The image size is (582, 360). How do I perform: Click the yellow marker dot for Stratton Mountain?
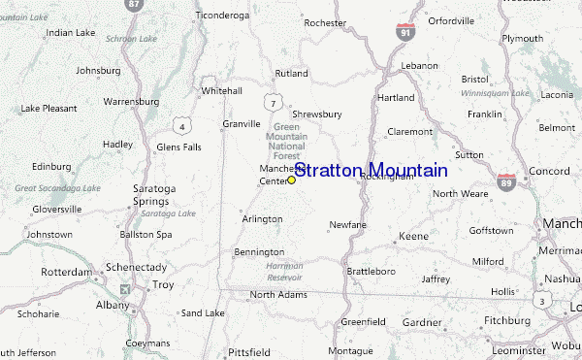click(x=291, y=180)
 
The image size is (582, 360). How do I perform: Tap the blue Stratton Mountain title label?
click(x=370, y=171)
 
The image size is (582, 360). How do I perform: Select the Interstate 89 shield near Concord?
click(x=506, y=180)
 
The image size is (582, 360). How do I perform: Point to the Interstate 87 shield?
click(x=134, y=5)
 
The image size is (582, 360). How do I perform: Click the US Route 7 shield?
click(x=275, y=103)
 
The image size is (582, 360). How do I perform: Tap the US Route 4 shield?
click(x=180, y=125)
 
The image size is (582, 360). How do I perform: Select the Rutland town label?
click(x=291, y=73)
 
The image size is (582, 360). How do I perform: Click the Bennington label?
click(x=258, y=252)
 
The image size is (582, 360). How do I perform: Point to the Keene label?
click(x=413, y=237)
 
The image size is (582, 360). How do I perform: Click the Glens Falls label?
click(x=178, y=147)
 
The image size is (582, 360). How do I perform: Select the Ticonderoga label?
click(x=223, y=16)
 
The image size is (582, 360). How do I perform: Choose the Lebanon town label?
click(x=420, y=65)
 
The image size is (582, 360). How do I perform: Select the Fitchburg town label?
click(x=507, y=319)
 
